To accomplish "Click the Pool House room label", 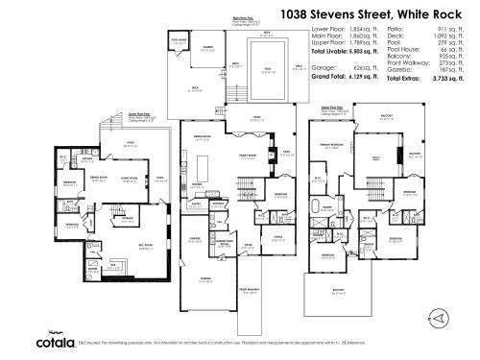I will [x=178, y=40].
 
